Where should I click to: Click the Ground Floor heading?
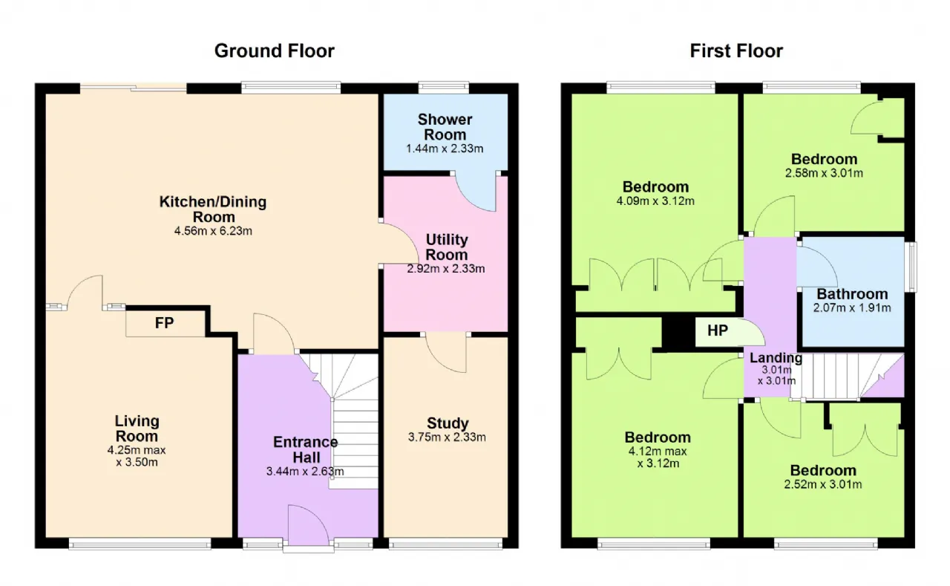point(275,51)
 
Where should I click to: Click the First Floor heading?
point(736,51)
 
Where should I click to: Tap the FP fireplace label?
point(165,323)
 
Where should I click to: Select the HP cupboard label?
point(718,331)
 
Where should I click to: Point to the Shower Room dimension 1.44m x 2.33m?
point(445,149)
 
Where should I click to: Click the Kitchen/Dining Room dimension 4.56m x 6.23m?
point(213,231)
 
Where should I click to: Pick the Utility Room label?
point(447,247)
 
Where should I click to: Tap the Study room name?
point(448,423)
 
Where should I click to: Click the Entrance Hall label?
point(305,450)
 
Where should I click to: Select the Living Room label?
point(137,429)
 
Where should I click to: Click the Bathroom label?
point(853,293)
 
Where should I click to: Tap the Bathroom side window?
point(911,267)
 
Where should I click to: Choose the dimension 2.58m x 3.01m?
point(824,173)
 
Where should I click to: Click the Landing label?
point(776,358)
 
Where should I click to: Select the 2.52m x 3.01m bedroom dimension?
point(823,484)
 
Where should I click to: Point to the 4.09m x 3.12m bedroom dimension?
point(655,201)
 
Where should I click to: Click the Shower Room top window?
point(444,87)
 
